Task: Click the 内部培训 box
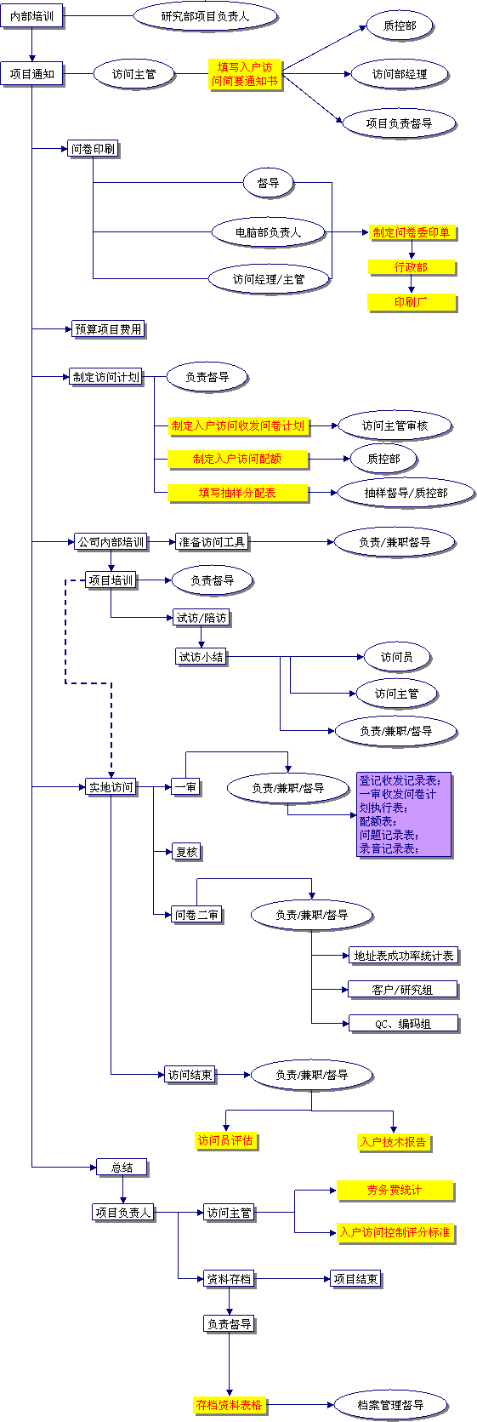click(x=31, y=16)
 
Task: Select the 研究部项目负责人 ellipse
click(x=206, y=16)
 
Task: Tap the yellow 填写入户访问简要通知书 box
click(x=245, y=74)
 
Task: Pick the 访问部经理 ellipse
click(x=400, y=74)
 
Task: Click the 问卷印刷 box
click(x=94, y=149)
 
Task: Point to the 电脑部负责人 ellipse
click(x=269, y=232)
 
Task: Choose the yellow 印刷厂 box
click(x=412, y=302)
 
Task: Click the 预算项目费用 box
click(x=109, y=328)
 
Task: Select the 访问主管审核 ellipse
click(x=395, y=425)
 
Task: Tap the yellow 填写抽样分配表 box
click(x=238, y=493)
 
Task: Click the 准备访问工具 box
click(x=211, y=541)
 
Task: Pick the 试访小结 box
click(x=201, y=656)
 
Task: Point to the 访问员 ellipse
click(x=397, y=656)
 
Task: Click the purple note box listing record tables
click(x=404, y=814)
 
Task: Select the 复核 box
click(x=187, y=851)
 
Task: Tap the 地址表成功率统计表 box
click(x=403, y=956)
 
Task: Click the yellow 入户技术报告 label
click(x=394, y=1142)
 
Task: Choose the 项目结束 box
click(x=356, y=1278)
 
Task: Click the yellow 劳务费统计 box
click(x=395, y=1191)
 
